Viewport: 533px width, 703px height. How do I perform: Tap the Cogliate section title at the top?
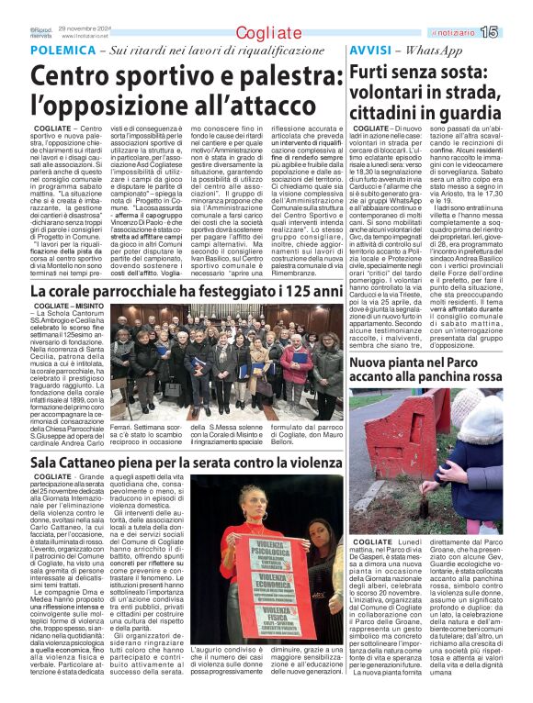pyautogui.click(x=267, y=34)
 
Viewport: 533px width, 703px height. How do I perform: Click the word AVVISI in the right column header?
pyautogui.click(x=369, y=50)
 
